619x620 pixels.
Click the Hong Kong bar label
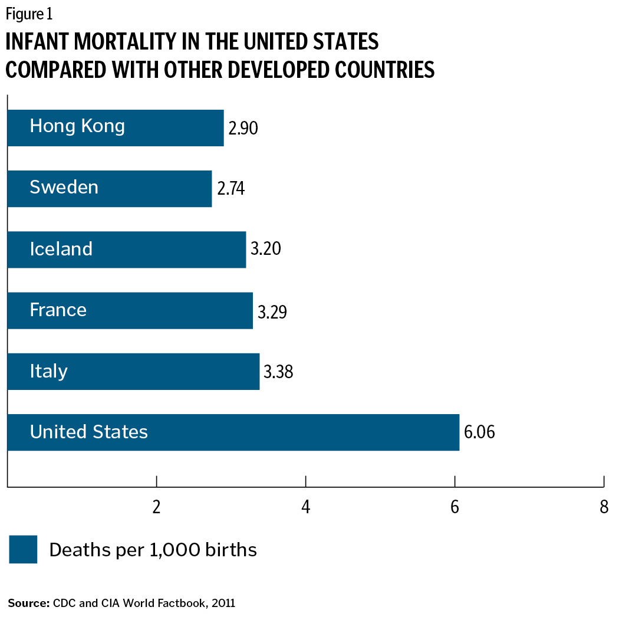click(77, 126)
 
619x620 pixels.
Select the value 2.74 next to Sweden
click(231, 189)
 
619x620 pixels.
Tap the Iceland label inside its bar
click(61, 249)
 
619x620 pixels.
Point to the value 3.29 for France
click(272, 311)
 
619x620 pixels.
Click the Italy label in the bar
click(49, 371)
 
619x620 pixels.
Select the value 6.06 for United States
click(479, 432)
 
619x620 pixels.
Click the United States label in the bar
click(89, 432)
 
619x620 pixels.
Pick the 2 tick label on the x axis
click(157, 507)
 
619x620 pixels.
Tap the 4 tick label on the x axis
click(305, 507)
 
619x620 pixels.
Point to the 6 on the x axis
click(455, 507)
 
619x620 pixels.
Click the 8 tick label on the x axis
click(603, 507)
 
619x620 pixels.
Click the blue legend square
click(23, 550)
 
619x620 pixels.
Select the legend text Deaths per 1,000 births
click(153, 550)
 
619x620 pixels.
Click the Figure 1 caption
click(29, 13)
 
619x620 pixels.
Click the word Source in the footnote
click(28, 603)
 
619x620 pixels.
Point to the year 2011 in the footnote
click(223, 603)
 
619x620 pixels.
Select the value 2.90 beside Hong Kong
click(243, 127)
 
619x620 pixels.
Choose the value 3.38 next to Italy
click(278, 372)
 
